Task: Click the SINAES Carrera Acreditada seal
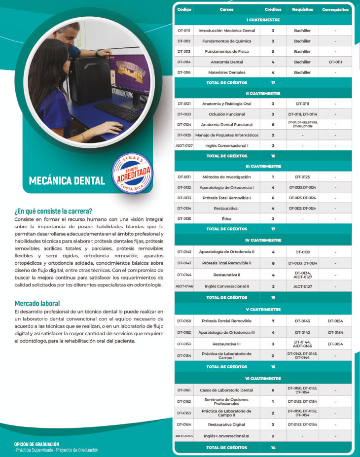tap(133, 176)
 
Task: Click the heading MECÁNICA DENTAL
tap(67, 180)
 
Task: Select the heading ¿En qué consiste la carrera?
tap(54, 211)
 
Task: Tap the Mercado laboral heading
tap(37, 303)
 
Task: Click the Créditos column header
tap(273, 9)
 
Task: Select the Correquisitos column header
tap(335, 9)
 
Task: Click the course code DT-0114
tap(184, 62)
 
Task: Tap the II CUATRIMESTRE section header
tap(263, 93)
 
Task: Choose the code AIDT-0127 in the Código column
tap(184, 145)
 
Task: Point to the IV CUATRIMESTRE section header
tap(263, 240)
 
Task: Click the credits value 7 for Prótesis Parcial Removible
tap(273, 321)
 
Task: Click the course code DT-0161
tap(184, 390)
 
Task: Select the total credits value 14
tap(273, 448)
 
